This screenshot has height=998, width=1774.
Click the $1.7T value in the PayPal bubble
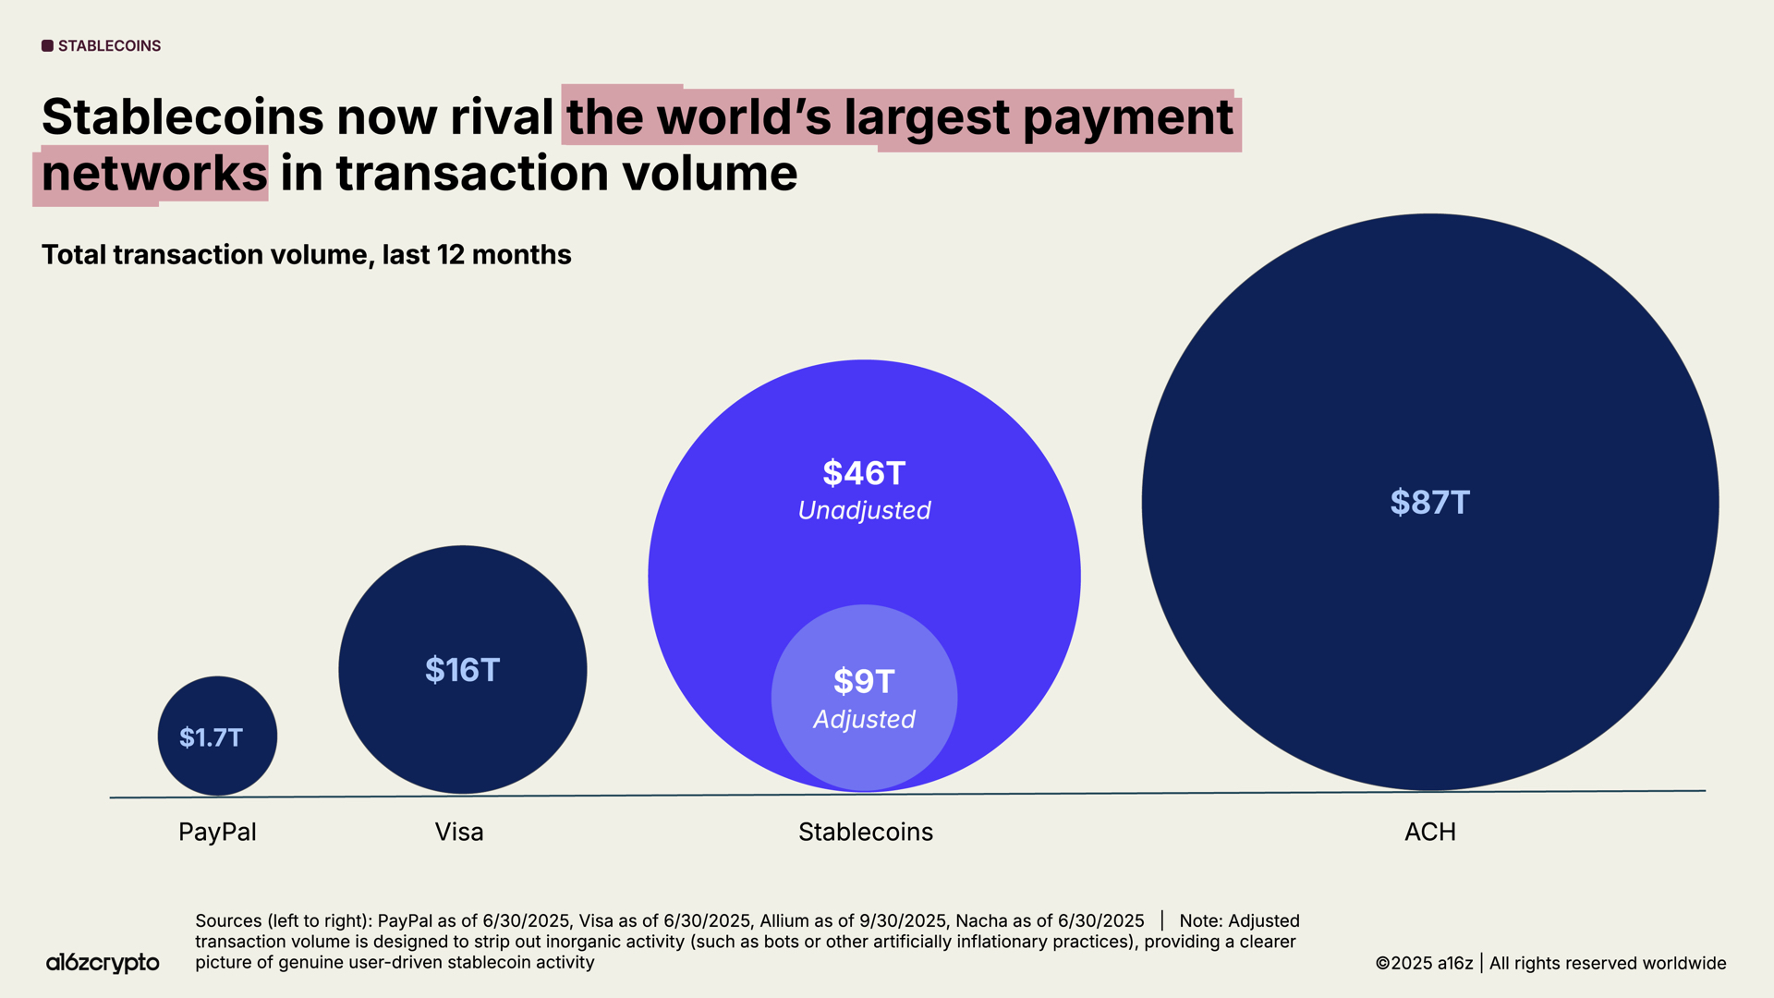tap(211, 737)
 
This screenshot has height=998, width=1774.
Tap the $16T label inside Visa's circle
tap(462, 670)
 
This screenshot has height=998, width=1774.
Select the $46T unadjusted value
tap(864, 473)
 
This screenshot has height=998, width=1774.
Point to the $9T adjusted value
tap(864, 681)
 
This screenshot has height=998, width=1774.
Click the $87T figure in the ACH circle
tap(1429, 503)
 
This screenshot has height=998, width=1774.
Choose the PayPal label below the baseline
tap(217, 832)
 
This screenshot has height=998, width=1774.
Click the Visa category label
tap(459, 832)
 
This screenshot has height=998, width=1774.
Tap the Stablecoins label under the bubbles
tap(866, 832)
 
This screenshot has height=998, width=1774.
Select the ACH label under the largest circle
tap(1429, 832)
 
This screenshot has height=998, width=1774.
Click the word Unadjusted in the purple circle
tap(864, 510)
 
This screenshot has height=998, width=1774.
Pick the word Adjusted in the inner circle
tap(864, 719)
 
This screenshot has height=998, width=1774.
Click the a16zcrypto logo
tap(103, 963)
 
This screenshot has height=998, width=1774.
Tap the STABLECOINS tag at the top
tap(109, 46)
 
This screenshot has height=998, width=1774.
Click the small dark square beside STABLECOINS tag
tap(47, 46)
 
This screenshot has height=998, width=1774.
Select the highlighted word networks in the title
tap(154, 174)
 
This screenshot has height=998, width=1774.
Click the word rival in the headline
tap(502, 117)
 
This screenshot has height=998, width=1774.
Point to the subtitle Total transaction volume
tap(306, 255)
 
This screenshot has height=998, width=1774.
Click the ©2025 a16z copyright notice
tap(1424, 963)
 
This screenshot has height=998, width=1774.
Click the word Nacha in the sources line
tap(981, 921)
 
